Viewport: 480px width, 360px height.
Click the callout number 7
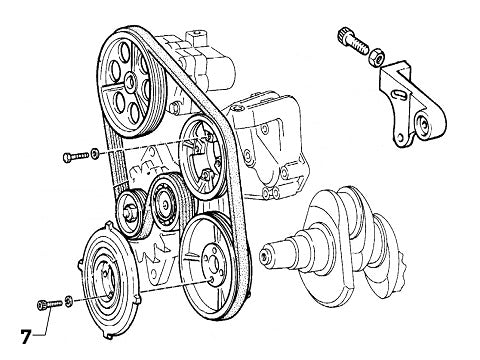26,336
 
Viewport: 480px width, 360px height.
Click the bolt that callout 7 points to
50,304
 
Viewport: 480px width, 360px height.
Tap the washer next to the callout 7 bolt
68,301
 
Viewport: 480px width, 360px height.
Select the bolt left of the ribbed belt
76,156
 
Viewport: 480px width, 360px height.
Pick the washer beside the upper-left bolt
95,153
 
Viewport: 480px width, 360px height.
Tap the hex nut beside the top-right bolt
377,56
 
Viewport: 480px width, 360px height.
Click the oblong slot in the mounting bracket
399,94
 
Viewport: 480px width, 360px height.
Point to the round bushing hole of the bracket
424,123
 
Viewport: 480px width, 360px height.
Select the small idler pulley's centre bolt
129,211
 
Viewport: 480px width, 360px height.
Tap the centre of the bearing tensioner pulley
165,205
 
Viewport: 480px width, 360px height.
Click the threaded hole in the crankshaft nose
265,256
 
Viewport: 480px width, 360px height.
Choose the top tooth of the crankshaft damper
108,225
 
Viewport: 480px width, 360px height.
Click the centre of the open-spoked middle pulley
202,158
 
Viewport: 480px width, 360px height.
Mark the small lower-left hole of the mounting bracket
400,137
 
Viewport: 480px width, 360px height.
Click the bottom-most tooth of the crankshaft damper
108,335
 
